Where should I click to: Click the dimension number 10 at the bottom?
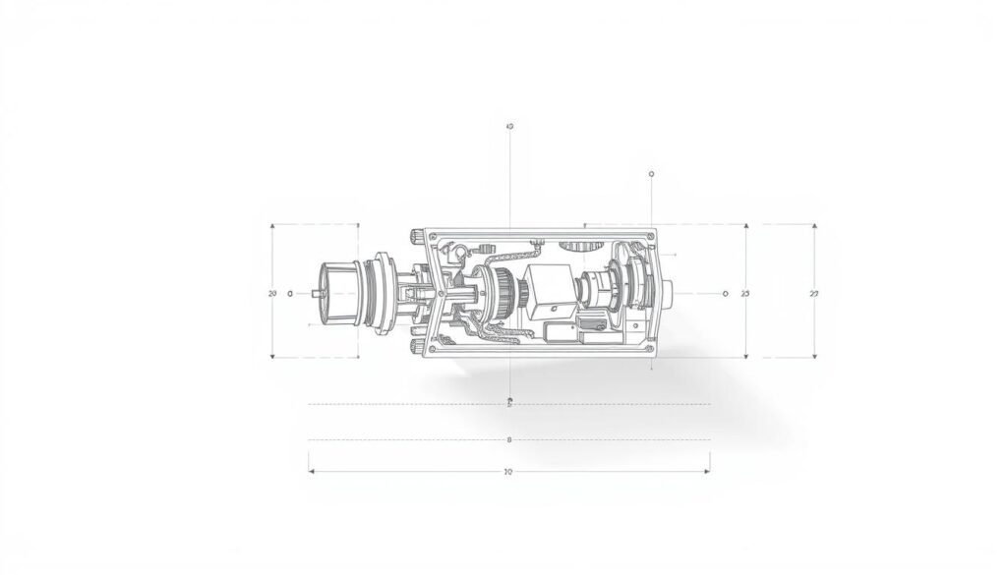coord(508,472)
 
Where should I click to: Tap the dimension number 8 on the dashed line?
coord(508,439)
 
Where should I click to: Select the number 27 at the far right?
coord(813,294)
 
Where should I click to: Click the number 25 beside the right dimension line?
coord(744,294)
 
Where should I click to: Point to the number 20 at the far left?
coord(272,294)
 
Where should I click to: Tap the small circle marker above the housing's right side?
coord(652,174)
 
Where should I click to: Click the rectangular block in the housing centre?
coord(547,291)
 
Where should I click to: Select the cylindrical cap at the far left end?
coord(337,292)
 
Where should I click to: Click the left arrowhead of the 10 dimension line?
coord(312,472)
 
